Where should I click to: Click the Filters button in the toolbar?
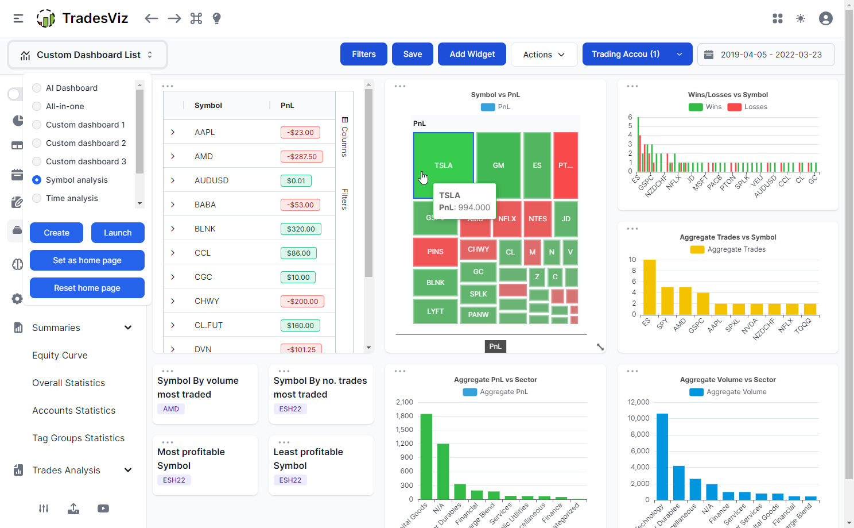pyautogui.click(x=363, y=54)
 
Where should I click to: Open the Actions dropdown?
pyautogui.click(x=544, y=55)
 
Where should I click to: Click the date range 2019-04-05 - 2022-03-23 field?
pyautogui.click(x=766, y=55)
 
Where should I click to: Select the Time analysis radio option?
pyautogui.click(x=37, y=198)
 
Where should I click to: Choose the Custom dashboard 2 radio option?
pyautogui.click(x=37, y=143)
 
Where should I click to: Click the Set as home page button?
pyautogui.click(x=87, y=260)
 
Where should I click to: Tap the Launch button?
pyautogui.click(x=118, y=233)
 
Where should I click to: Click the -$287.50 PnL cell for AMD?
pyautogui.click(x=302, y=156)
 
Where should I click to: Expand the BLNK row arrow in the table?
pyautogui.click(x=173, y=229)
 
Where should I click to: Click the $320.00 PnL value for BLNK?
pyautogui.click(x=301, y=229)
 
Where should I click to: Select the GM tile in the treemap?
pyautogui.click(x=498, y=165)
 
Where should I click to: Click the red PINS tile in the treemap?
pyautogui.click(x=435, y=252)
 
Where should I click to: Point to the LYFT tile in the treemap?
pyautogui.click(x=435, y=311)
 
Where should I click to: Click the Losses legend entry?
pyautogui.click(x=748, y=107)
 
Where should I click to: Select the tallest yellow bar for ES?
pyautogui.click(x=649, y=287)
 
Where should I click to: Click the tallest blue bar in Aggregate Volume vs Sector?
pyautogui.click(x=662, y=456)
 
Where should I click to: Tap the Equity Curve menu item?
pyautogui.click(x=60, y=355)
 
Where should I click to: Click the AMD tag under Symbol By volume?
pyautogui.click(x=171, y=409)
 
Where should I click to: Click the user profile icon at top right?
pyautogui.click(x=825, y=18)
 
